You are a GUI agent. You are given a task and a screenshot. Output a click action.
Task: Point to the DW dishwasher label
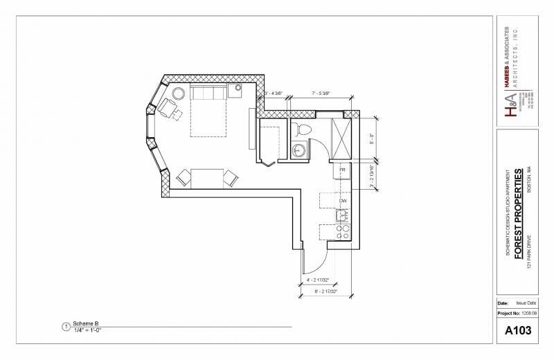click(x=342, y=201)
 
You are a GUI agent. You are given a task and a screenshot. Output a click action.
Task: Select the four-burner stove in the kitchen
click(x=341, y=233)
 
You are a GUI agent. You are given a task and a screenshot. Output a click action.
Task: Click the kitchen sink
click(x=341, y=216)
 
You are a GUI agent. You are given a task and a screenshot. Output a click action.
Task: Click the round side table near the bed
click(x=179, y=93)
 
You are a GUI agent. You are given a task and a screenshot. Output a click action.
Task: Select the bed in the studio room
click(x=208, y=111)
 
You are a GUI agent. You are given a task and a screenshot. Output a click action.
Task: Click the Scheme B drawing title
click(x=86, y=324)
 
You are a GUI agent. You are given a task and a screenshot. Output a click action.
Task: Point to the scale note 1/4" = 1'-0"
click(x=89, y=330)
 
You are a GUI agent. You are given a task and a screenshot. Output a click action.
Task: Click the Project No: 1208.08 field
click(x=517, y=313)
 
